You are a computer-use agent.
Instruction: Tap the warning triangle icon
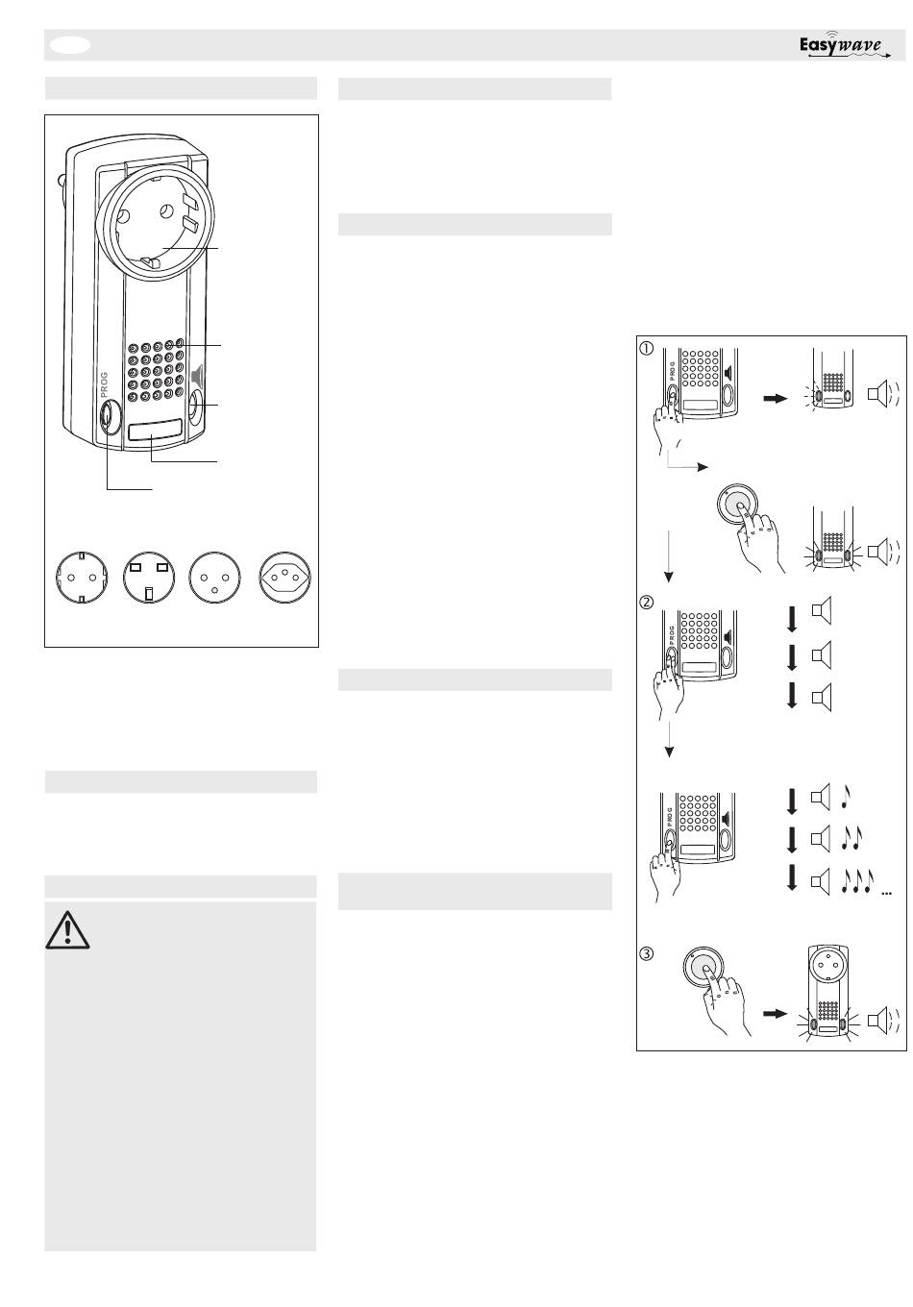tap(67, 929)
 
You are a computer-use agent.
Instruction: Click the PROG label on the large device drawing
tap(104, 384)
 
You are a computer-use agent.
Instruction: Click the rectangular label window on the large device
tap(154, 432)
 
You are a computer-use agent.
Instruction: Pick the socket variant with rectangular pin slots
tap(149, 577)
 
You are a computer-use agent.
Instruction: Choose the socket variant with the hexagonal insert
tap(284, 577)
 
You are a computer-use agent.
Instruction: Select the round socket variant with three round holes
tap(214, 577)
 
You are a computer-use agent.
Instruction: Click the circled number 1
tap(647, 349)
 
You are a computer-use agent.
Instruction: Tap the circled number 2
tap(647, 603)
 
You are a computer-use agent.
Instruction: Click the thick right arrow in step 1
tap(776, 399)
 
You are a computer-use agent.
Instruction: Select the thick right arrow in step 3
tap(776, 1014)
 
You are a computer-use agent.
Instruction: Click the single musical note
tap(846, 797)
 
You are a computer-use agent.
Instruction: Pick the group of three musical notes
tap(857, 881)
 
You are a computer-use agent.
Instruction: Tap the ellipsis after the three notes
tap(886, 893)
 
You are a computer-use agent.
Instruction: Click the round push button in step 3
tap(703, 967)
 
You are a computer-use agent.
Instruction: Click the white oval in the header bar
tap(70, 45)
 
